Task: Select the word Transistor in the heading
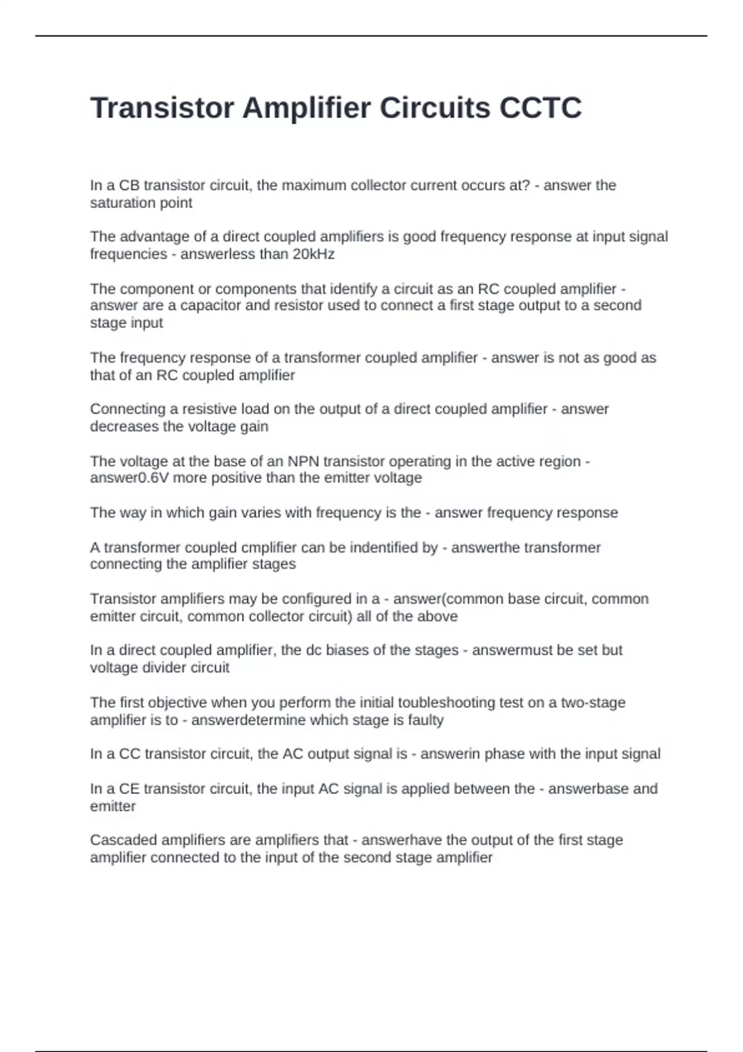[x=162, y=108]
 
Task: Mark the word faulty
[x=425, y=720]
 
